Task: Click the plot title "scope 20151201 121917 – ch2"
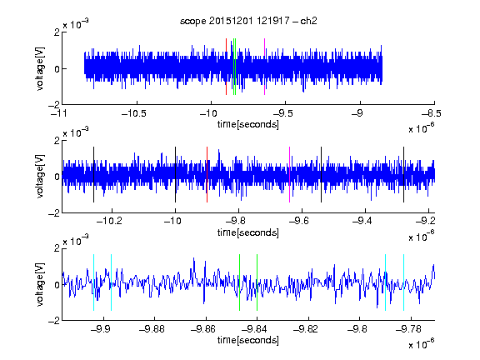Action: [x=248, y=21]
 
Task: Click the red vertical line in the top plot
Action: [x=226, y=67]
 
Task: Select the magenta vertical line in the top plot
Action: [x=264, y=67]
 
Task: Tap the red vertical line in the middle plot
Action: [x=207, y=174]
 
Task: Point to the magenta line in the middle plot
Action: [x=290, y=174]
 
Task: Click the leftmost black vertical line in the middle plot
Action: [x=93, y=174]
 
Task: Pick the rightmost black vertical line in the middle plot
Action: [x=403, y=174]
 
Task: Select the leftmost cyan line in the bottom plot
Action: [x=93, y=282]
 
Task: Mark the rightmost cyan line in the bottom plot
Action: [x=403, y=282]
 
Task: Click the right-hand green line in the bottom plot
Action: [x=257, y=282]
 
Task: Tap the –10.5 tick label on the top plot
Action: [x=134, y=113]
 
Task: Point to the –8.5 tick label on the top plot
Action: [x=431, y=113]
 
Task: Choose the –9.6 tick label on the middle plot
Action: [x=298, y=221]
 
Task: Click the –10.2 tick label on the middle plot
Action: [x=109, y=221]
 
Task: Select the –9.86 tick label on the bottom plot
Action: [x=203, y=329]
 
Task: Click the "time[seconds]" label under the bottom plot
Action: [x=248, y=340]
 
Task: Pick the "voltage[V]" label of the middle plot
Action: [x=40, y=177]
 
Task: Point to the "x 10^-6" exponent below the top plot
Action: [x=422, y=128]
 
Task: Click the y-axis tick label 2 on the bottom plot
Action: [x=57, y=248]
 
